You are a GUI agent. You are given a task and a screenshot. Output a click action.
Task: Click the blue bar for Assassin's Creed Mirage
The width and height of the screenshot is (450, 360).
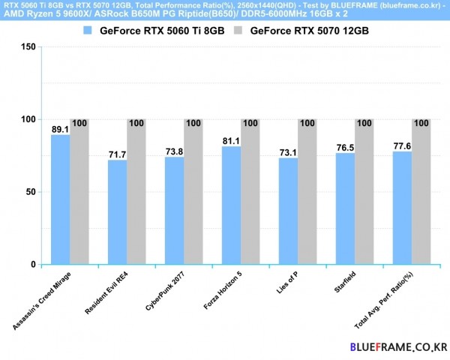click(61, 199)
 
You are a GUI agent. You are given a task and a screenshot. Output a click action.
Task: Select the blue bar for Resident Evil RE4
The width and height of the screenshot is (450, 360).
click(118, 212)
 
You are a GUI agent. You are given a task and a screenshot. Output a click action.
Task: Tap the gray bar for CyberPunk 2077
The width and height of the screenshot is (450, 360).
click(193, 192)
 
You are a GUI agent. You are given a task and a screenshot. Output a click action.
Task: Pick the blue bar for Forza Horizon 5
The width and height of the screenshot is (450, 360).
click(232, 205)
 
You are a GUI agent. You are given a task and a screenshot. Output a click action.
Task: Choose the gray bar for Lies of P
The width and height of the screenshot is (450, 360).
click(307, 192)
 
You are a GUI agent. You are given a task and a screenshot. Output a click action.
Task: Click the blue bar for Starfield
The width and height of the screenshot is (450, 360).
click(346, 208)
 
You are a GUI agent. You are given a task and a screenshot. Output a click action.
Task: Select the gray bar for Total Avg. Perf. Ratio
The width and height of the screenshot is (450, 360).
click(421, 192)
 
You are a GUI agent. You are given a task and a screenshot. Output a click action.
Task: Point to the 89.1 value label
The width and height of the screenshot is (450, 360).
click(61, 129)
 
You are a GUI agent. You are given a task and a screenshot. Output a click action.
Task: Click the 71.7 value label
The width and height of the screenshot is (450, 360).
click(117, 154)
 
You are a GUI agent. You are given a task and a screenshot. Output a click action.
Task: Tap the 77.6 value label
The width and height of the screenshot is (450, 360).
click(402, 146)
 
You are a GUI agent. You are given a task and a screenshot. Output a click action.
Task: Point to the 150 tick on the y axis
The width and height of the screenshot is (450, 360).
click(28, 46)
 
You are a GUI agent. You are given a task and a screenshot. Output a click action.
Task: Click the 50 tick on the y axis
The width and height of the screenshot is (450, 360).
click(31, 192)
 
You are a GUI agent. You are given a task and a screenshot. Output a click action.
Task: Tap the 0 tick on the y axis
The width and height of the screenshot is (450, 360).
click(33, 265)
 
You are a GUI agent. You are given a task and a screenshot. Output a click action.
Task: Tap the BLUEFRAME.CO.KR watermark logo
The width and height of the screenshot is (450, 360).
click(398, 347)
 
